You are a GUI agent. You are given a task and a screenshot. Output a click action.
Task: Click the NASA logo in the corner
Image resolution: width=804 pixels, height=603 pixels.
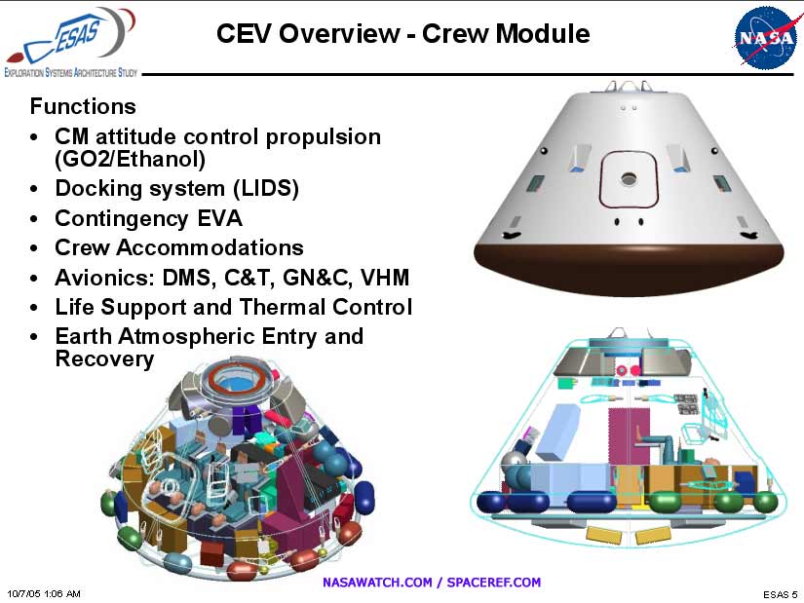click(766, 37)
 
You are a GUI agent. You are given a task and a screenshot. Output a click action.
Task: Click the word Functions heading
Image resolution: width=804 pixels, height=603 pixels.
click(83, 105)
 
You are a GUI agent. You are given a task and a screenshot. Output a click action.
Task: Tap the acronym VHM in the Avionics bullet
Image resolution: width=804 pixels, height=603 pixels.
click(385, 278)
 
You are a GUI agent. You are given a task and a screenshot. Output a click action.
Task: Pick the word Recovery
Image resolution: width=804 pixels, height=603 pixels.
click(104, 358)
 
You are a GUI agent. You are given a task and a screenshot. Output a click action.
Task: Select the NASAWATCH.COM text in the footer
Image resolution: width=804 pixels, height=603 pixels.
click(378, 583)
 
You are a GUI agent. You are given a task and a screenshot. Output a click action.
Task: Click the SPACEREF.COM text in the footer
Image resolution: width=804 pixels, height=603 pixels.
click(494, 583)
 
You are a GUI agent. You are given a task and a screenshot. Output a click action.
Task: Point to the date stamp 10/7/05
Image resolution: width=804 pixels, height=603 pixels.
click(24, 592)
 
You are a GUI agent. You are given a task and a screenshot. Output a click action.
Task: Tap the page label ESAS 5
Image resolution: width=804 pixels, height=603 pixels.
click(779, 593)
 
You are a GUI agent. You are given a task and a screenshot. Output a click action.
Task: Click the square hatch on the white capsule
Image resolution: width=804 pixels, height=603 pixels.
click(627, 179)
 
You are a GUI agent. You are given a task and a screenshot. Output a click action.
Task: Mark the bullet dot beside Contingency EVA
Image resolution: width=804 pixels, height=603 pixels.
click(36, 219)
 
